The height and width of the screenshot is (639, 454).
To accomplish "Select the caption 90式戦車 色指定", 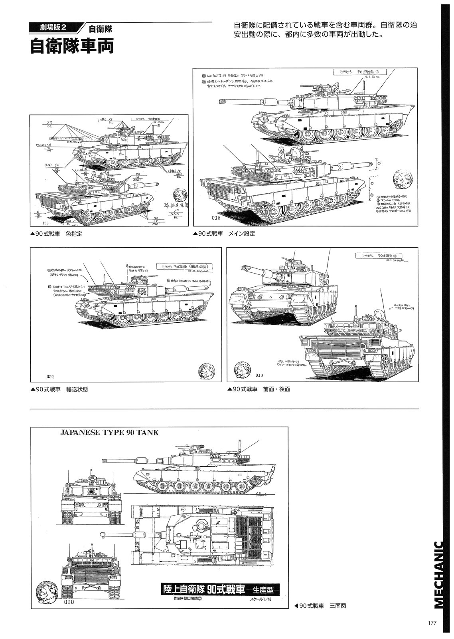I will pos(59,234).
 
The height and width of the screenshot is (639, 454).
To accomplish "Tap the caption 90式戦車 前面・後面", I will pos(259,389).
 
